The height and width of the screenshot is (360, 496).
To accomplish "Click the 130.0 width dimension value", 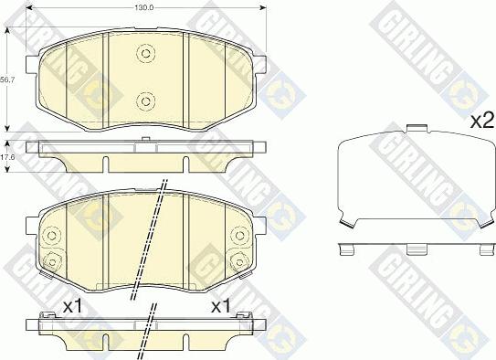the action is (144, 7).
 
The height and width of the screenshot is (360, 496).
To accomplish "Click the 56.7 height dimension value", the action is (7, 80).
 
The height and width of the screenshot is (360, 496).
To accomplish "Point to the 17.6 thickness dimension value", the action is (7, 157).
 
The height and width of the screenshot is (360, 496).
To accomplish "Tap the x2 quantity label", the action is (482, 122).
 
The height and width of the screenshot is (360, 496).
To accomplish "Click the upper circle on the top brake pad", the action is (145, 54).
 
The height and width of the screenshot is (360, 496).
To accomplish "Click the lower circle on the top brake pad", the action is (145, 101).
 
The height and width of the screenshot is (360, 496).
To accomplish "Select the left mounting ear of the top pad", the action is (32, 64).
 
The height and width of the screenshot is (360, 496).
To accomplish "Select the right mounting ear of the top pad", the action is (259, 64).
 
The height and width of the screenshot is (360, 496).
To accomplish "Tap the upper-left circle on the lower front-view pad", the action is (51, 236).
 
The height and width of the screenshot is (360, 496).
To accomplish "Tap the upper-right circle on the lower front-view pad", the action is (239, 236).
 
